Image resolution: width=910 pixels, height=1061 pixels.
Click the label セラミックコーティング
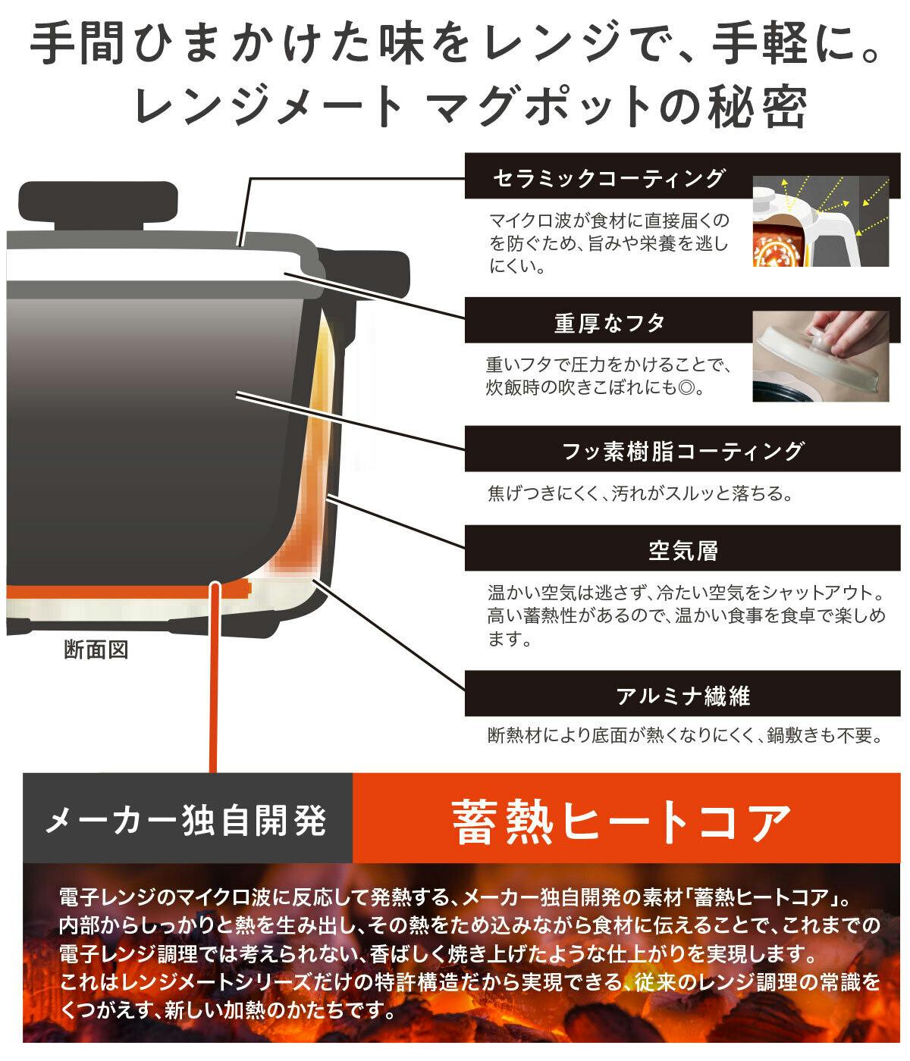[x=609, y=178]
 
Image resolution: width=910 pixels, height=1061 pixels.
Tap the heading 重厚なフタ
[x=609, y=323]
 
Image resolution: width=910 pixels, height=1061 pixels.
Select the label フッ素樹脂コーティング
[x=682, y=451]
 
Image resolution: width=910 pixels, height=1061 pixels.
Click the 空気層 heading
[x=682, y=551]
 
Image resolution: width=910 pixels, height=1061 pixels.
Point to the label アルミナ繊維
[x=682, y=696]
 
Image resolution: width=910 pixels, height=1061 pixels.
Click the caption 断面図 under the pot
[x=96, y=649]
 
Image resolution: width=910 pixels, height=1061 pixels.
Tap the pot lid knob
[x=99, y=206]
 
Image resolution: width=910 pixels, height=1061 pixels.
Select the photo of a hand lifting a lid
[x=821, y=355]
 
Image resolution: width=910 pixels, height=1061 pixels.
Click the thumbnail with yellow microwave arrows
[x=821, y=221]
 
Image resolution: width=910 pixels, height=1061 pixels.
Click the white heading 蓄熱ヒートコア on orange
[x=622, y=821]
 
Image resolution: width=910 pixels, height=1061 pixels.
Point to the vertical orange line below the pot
[x=214, y=678]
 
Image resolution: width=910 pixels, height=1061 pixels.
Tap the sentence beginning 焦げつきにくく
[x=640, y=494]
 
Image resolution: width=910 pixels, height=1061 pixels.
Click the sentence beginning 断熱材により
[x=685, y=736]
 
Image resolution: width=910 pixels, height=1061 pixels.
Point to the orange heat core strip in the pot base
[x=128, y=590]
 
